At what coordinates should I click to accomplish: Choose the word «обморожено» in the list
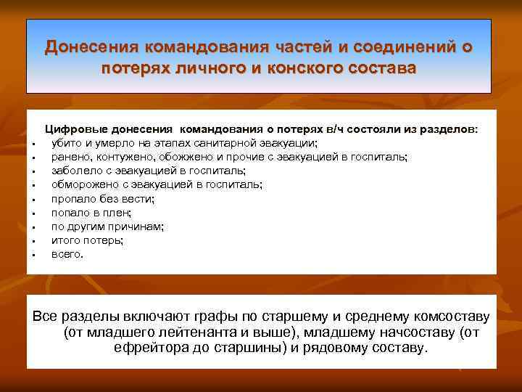[83, 184]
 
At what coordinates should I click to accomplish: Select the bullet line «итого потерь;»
[87, 240]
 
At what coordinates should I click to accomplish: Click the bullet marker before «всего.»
[34, 256]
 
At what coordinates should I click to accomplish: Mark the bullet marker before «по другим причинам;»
[34, 227]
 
